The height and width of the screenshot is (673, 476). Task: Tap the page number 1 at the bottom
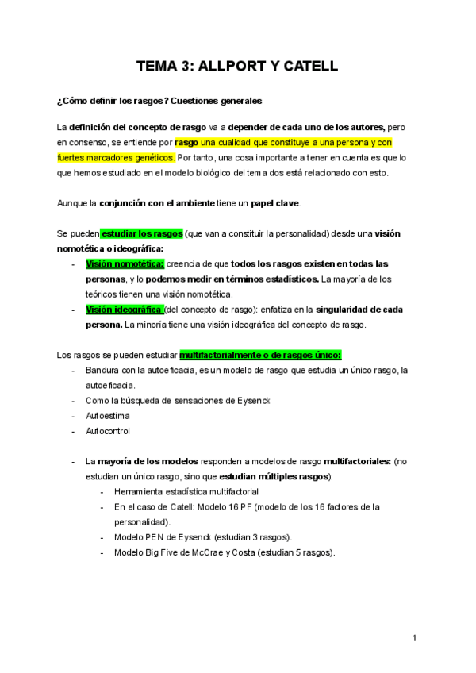(414, 637)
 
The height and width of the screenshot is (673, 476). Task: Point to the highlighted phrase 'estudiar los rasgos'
(142, 234)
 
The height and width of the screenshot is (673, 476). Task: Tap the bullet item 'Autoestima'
(108, 415)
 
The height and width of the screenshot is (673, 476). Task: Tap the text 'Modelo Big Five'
(152, 552)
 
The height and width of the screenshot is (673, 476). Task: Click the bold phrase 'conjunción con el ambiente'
(157, 203)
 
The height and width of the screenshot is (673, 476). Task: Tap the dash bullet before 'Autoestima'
(73, 415)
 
